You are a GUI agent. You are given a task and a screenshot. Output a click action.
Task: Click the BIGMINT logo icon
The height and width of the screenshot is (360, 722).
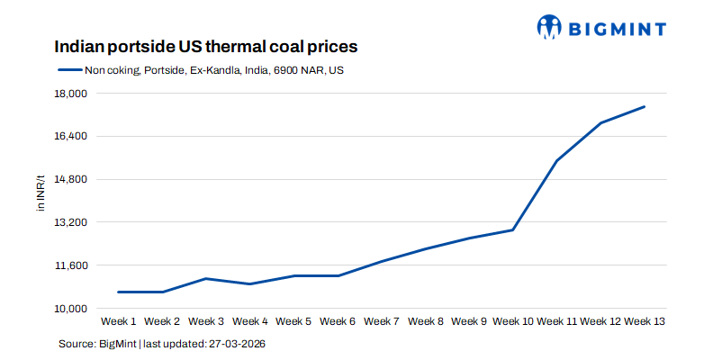point(550,26)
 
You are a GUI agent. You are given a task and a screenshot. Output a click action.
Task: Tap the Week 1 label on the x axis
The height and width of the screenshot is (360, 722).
point(119,321)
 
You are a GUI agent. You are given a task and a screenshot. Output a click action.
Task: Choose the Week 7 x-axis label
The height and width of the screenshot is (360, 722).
point(382,321)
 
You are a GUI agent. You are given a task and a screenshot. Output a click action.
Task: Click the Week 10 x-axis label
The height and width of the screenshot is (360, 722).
point(513,321)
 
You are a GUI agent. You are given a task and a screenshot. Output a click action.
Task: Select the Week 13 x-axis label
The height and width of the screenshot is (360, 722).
point(645,321)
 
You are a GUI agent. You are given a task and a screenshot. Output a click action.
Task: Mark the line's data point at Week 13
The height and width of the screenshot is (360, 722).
point(645,107)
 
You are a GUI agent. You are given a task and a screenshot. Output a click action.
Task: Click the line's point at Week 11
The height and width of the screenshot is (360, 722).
point(557,160)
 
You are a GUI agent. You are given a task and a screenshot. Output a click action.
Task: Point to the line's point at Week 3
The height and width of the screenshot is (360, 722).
point(206,278)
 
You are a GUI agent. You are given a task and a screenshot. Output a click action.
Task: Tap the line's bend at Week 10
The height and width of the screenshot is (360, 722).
point(513,229)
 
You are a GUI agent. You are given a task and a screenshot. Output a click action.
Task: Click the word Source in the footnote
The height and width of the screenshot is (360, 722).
point(77,344)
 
